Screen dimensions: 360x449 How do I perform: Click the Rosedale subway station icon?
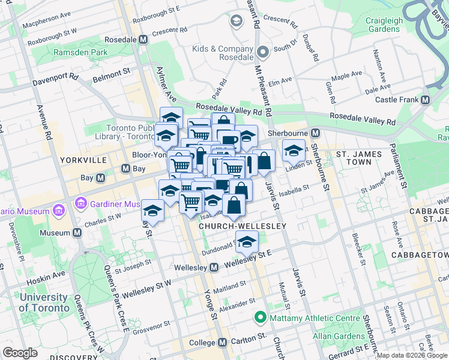(143, 40)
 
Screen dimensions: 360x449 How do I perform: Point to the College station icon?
(223, 342)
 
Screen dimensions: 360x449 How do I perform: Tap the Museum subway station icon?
(77, 232)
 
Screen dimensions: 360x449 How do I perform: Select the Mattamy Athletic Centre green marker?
(260, 317)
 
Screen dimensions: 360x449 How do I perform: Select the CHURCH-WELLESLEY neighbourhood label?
(242, 226)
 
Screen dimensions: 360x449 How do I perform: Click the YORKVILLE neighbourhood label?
(83, 160)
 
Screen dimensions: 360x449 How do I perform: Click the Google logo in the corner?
(20, 353)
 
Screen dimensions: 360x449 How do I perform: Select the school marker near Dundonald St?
(246, 242)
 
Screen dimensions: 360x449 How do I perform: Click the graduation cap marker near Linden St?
(294, 150)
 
